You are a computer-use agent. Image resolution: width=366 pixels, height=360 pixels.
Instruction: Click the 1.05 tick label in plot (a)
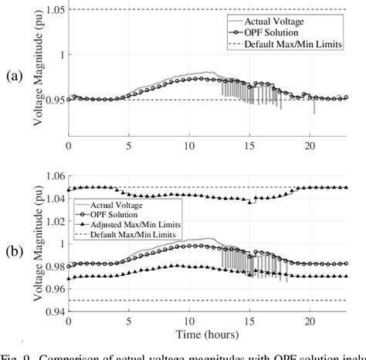click(x=53, y=9)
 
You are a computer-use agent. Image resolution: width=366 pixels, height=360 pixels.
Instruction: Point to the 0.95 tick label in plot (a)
click(x=53, y=100)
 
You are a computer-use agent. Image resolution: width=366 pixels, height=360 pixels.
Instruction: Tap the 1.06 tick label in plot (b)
click(x=53, y=175)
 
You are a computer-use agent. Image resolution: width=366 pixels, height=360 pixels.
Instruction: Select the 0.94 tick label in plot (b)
click(x=53, y=312)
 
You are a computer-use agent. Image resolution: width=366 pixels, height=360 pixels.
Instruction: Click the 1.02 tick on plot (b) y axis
click(x=53, y=221)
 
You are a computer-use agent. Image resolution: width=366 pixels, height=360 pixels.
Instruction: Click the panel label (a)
click(x=12, y=77)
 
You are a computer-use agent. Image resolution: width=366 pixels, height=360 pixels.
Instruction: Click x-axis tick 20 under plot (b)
click(x=309, y=320)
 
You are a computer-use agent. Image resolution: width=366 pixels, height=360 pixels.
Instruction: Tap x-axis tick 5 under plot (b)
click(x=129, y=320)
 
